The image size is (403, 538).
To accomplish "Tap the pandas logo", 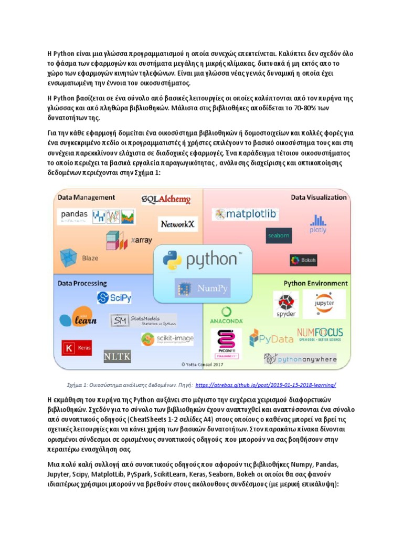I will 74,215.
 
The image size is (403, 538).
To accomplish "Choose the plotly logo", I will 317,224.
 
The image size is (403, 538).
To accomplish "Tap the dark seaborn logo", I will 278,236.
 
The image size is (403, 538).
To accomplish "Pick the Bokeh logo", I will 303,260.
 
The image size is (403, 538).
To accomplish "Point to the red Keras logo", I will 76,348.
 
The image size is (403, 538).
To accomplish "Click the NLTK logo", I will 116,357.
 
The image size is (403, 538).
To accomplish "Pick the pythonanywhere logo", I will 300,359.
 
